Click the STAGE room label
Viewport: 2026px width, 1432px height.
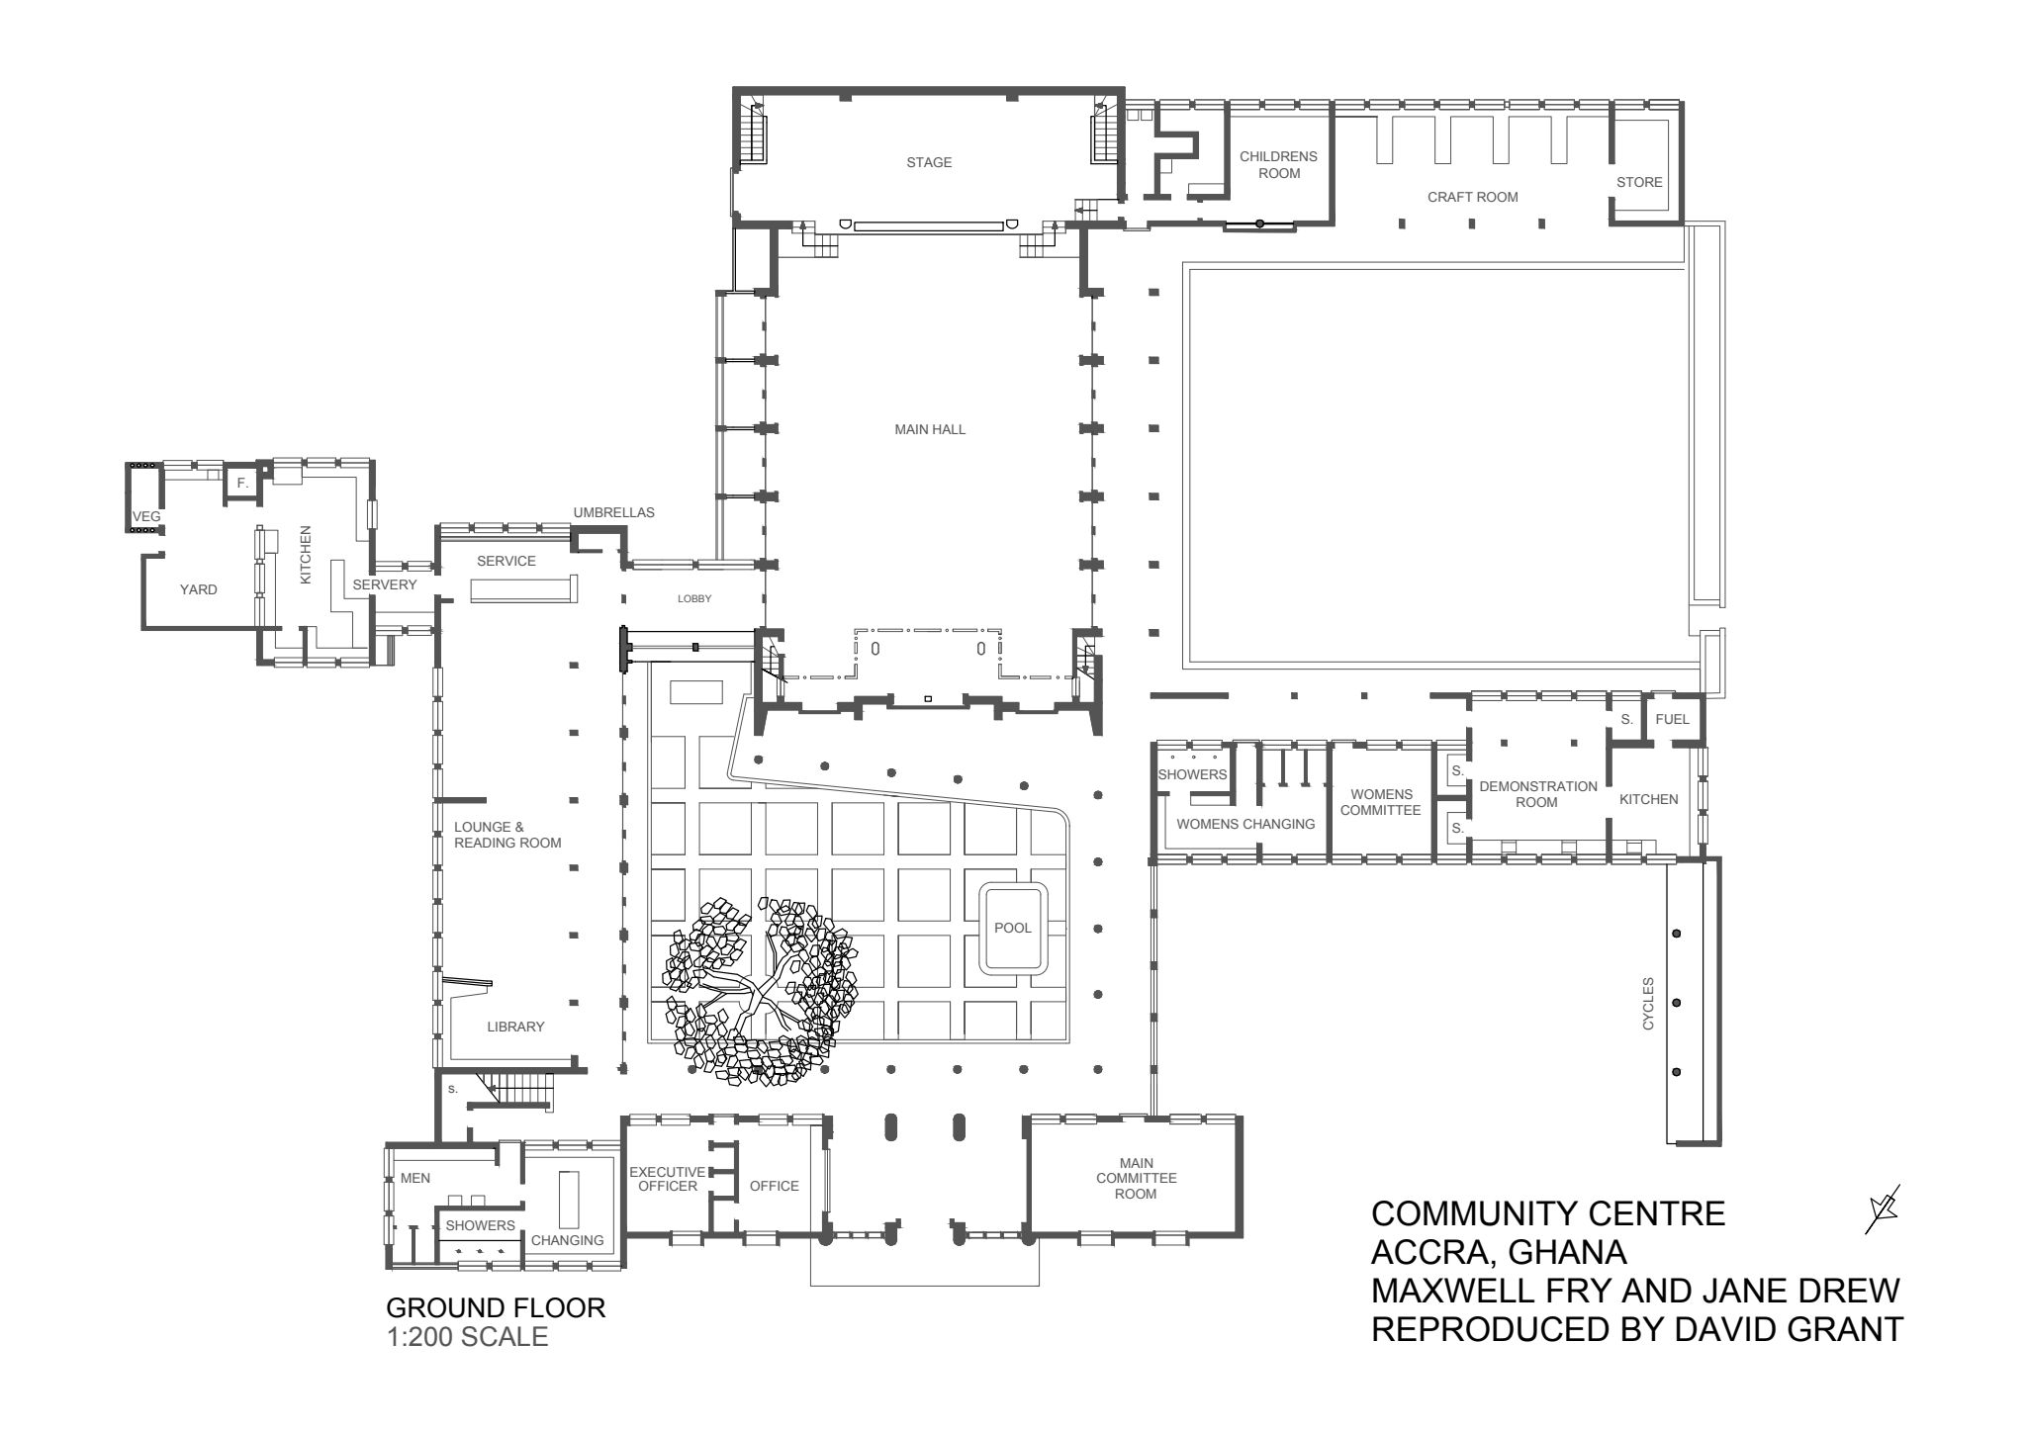pos(929,162)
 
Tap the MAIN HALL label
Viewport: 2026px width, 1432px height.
pos(930,429)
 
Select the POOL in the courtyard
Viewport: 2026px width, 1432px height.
pos(1012,928)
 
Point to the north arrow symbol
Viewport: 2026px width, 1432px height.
pos(1882,1208)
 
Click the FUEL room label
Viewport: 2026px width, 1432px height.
pos(1672,719)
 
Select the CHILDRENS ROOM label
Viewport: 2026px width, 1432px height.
pos(1278,164)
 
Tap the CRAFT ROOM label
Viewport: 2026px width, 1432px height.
pos(1472,197)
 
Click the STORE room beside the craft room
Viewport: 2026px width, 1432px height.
pos(1639,182)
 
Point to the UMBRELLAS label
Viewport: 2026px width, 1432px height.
pos(613,512)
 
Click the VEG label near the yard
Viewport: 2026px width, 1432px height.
pos(146,516)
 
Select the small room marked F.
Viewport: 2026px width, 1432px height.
pos(242,483)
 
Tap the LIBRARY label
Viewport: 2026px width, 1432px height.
pos(515,1027)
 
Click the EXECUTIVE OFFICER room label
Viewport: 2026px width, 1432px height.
pos(668,1178)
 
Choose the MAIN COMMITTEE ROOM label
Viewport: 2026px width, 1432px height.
pos(1136,1178)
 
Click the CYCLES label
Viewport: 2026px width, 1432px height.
pos(1648,1003)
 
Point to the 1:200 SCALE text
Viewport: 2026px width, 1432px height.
pos(466,1337)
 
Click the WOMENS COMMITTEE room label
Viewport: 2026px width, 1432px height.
pos(1380,802)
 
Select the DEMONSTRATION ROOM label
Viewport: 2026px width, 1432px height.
pos(1537,794)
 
